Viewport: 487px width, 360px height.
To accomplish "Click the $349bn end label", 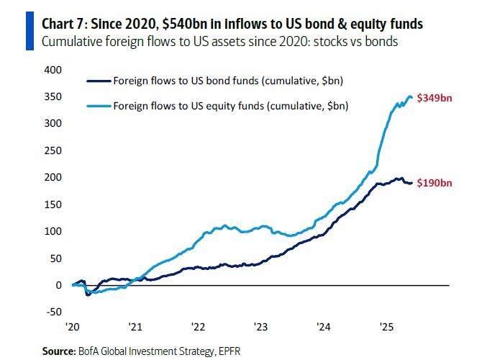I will (436, 98).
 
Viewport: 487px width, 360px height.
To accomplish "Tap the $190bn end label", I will (436, 184).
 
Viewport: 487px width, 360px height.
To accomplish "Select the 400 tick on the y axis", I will (54, 70).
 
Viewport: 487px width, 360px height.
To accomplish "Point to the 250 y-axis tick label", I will (54, 150).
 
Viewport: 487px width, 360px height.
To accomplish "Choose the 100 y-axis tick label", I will (54, 231).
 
